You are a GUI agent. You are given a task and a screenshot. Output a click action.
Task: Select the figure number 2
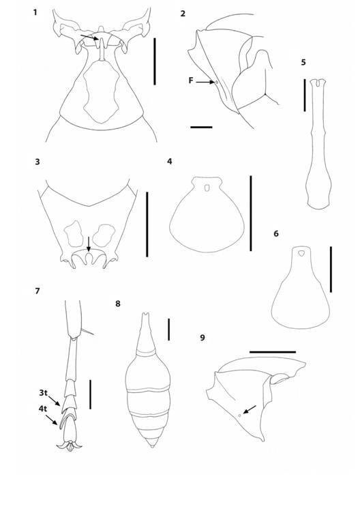click(x=183, y=13)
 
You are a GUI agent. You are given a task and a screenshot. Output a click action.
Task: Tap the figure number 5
click(x=303, y=62)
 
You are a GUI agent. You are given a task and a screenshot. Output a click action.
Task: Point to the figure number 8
click(x=118, y=304)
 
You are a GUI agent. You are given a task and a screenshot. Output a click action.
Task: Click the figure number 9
click(x=202, y=337)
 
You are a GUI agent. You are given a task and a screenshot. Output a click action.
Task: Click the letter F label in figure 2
click(x=191, y=81)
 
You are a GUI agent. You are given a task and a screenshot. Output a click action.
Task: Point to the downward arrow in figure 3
click(x=89, y=244)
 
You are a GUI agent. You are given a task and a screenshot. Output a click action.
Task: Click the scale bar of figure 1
click(x=155, y=61)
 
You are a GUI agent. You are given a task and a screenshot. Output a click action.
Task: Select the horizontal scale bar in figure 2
click(x=201, y=127)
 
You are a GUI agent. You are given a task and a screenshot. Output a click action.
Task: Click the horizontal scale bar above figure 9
click(x=273, y=352)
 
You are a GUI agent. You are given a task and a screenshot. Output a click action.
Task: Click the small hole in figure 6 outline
click(x=301, y=254)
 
